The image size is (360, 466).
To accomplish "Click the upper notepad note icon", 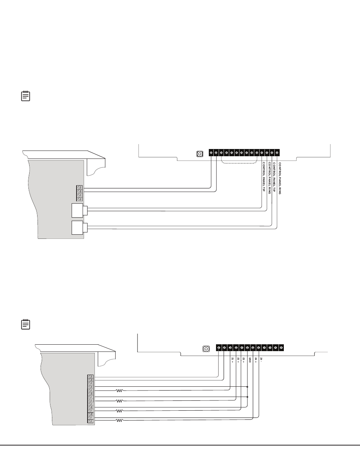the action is (25, 96).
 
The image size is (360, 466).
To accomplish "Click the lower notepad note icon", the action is (25, 324).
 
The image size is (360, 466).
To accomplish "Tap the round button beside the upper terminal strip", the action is (200, 154).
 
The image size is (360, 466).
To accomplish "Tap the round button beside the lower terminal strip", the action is (207, 348).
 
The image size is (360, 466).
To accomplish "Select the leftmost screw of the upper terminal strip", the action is (211, 153).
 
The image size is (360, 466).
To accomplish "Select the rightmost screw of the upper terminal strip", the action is (277, 153).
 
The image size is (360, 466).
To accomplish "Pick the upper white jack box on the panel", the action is (78, 210).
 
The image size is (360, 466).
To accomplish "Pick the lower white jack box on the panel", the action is (78, 228).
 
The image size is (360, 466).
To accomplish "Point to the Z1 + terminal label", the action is (232, 360).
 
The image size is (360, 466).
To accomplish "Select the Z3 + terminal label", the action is (244, 360).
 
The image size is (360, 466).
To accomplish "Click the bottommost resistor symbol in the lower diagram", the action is (119, 420).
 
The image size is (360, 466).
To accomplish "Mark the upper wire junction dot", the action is (247, 387).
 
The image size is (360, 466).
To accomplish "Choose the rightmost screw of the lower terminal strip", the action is (281, 347).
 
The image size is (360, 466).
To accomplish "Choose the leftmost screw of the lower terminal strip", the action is (219, 347).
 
